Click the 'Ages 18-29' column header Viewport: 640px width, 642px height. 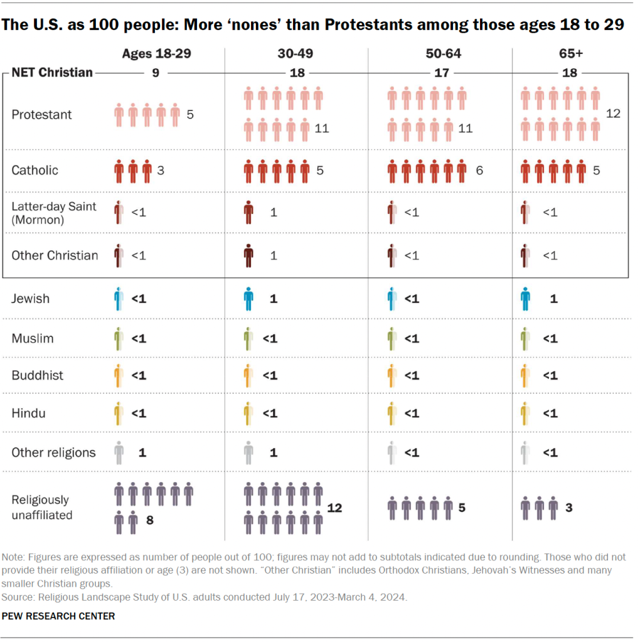click(x=156, y=54)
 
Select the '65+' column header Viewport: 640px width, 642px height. click(x=570, y=54)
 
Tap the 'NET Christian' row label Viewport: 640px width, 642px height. click(x=52, y=73)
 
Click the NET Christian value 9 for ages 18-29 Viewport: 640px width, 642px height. click(x=155, y=73)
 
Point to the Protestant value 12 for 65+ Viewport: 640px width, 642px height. click(x=613, y=114)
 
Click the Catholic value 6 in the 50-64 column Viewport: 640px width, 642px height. click(x=479, y=170)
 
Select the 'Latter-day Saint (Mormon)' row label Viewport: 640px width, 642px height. click(x=54, y=212)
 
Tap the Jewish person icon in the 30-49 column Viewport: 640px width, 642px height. click(x=248, y=299)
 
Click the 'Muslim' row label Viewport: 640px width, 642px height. click(x=33, y=338)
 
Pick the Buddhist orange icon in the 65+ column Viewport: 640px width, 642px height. click(x=525, y=375)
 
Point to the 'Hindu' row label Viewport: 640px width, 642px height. click(x=28, y=414)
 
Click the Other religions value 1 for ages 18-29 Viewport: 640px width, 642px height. click(x=142, y=452)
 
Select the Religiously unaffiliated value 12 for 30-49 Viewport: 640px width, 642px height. click(x=334, y=508)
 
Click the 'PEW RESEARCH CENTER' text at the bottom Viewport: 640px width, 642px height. click(x=58, y=616)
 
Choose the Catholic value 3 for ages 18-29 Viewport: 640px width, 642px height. click(x=161, y=170)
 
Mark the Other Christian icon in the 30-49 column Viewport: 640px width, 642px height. click(x=248, y=256)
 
